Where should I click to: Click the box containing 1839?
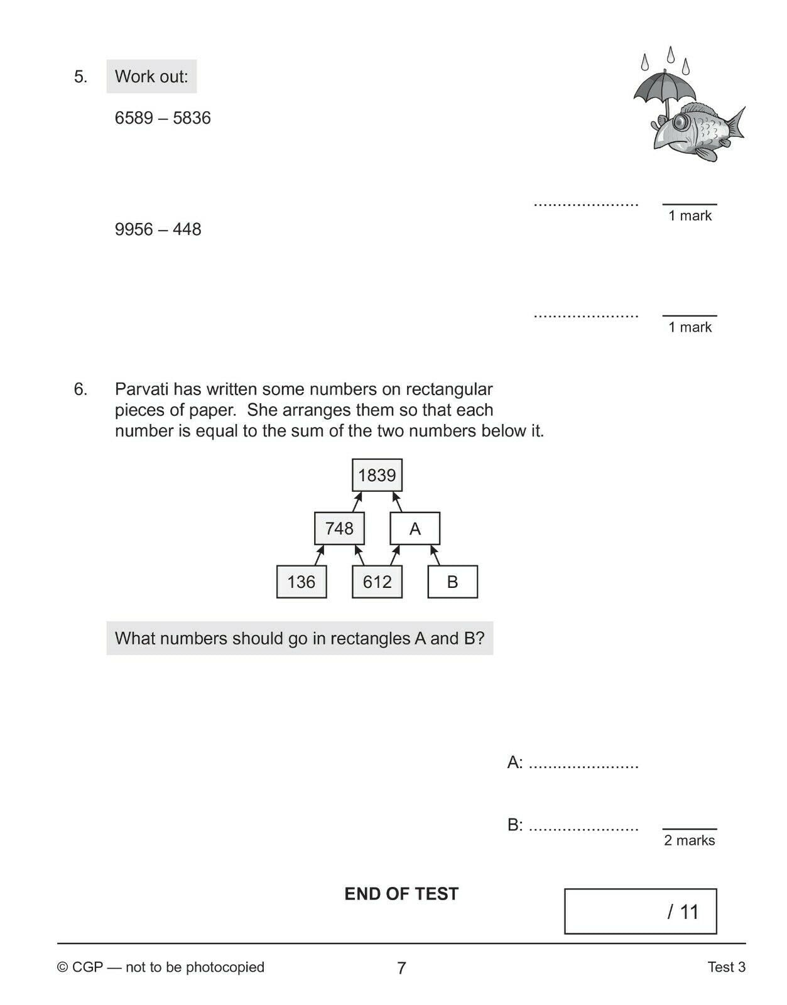pos(377,475)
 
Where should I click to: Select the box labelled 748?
pos(339,528)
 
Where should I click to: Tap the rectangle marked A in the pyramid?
pos(415,528)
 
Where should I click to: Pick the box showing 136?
pos(301,582)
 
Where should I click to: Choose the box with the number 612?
pos(377,582)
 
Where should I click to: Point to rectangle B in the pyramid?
pos(452,582)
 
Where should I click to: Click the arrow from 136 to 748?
pos(319,555)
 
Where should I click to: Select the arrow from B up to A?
pos(435,555)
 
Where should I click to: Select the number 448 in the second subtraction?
pos(187,229)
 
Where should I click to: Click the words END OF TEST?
pos(401,894)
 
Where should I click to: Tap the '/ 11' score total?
pos(683,911)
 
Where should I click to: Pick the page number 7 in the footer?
pos(401,968)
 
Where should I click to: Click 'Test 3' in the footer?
pos(726,967)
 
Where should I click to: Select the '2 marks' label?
pos(689,840)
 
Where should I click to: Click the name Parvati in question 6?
pos(142,389)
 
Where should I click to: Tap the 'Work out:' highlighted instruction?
pos(151,77)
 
